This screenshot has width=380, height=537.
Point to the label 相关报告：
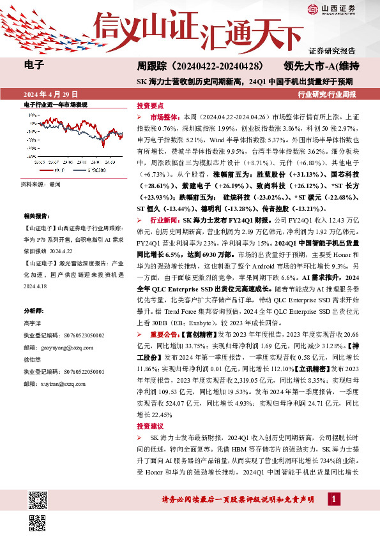[x=36, y=217]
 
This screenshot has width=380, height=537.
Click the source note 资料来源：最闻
[x=41, y=184]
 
